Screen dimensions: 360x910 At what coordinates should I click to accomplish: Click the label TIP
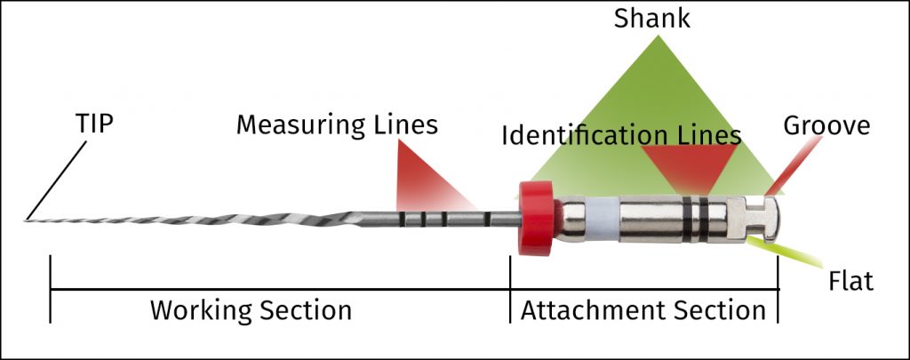[94, 124]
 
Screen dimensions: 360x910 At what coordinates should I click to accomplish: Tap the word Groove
[826, 125]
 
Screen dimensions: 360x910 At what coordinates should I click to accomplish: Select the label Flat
[850, 282]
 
